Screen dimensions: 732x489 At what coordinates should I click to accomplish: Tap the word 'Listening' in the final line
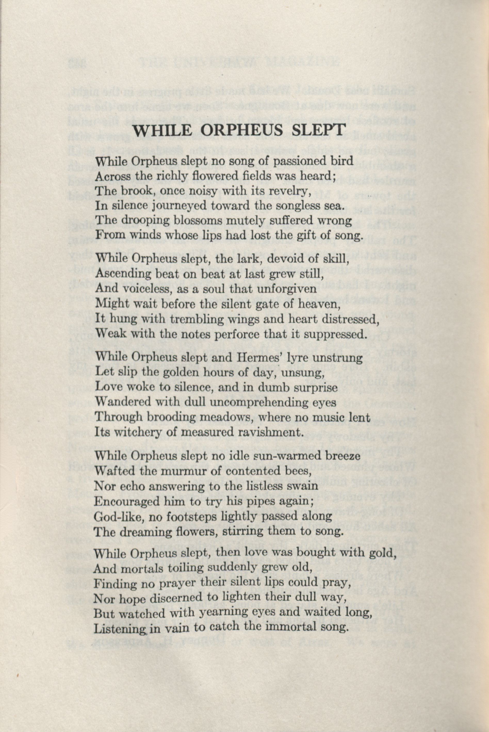(120, 628)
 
